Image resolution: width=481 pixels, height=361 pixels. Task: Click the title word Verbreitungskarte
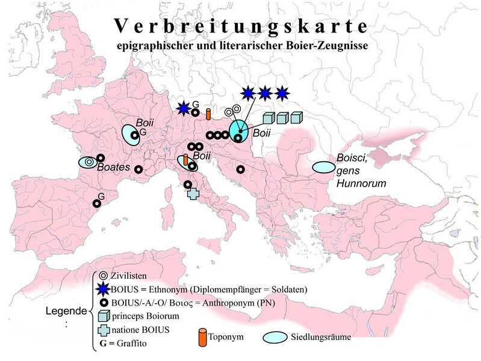(x=240, y=26)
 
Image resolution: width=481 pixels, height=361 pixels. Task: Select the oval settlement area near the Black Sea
(x=324, y=167)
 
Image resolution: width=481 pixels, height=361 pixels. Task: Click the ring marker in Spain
(x=96, y=204)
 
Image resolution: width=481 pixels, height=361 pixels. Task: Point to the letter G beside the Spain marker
(x=101, y=196)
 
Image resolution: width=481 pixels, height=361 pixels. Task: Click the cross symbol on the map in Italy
(x=193, y=194)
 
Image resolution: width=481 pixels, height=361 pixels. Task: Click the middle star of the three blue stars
(x=264, y=93)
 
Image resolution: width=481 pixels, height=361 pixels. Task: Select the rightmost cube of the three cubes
(x=296, y=118)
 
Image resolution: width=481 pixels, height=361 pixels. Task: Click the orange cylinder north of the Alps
(x=208, y=114)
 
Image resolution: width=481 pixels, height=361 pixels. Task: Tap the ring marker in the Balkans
(x=240, y=170)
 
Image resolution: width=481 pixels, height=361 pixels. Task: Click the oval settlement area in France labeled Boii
(x=131, y=134)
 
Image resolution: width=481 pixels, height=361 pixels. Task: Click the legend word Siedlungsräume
(x=323, y=336)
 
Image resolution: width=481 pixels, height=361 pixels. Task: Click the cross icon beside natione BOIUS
(x=104, y=330)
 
